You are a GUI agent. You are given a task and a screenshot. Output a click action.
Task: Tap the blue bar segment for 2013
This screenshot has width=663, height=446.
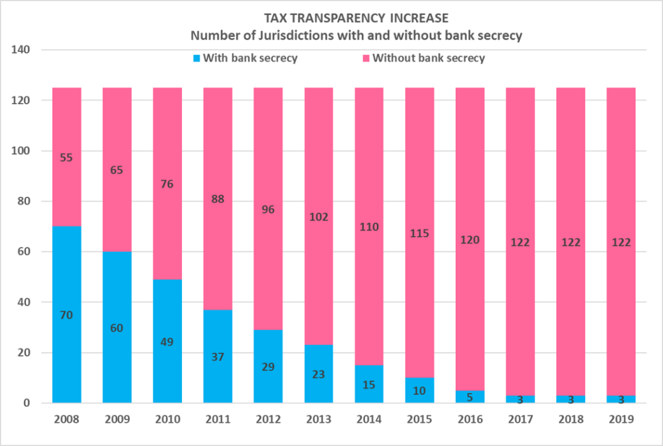(319, 388)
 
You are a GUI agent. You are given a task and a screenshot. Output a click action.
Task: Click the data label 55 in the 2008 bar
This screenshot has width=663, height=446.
(67, 157)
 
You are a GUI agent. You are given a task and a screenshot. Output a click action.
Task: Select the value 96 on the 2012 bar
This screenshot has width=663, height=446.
(267, 209)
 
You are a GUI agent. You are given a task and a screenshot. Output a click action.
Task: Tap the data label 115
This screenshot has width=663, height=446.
(420, 233)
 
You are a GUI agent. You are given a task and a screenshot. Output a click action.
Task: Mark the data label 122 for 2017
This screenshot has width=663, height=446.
(520, 242)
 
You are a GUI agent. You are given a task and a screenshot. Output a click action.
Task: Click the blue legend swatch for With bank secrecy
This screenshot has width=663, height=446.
(197, 58)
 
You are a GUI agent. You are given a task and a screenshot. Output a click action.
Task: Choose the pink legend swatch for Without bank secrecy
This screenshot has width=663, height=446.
(366, 58)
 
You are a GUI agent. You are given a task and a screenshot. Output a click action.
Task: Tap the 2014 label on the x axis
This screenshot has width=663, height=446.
(369, 419)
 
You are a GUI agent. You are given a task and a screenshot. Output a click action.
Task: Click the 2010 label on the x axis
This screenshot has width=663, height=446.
(167, 419)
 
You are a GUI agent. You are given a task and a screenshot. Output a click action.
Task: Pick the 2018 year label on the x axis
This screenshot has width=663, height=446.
(570, 419)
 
